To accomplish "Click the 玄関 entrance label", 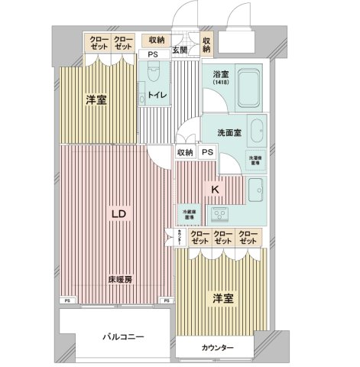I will (180, 50).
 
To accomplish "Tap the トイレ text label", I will (157, 97).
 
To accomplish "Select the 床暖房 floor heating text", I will (119, 280).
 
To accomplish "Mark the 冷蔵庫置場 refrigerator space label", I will (186, 213).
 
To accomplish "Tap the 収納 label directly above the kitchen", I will (185, 152).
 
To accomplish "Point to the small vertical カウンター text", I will (178, 236).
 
